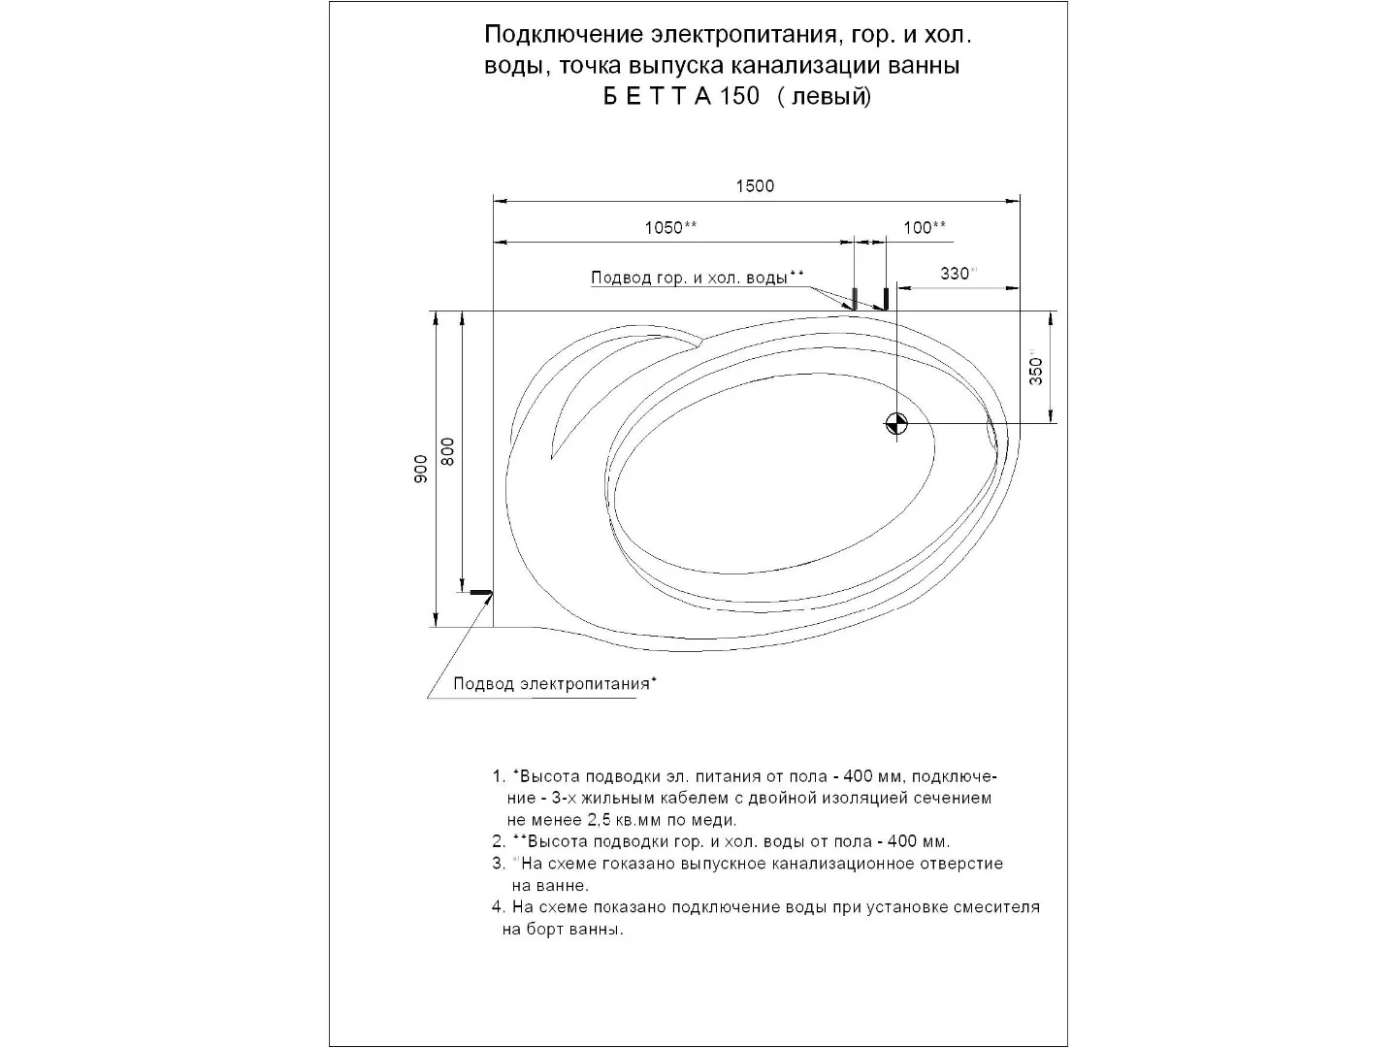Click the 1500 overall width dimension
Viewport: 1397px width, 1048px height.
coord(754,186)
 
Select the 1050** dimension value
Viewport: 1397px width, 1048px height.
coord(670,228)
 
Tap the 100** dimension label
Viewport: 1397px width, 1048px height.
coord(925,228)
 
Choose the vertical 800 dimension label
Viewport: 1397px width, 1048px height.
coord(448,452)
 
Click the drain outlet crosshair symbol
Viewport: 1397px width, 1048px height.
coord(895,423)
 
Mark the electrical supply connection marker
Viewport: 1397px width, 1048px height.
coord(480,592)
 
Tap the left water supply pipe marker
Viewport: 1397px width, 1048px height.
coord(855,298)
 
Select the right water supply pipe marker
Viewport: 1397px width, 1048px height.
coord(885,298)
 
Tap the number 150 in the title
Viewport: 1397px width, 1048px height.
coord(740,97)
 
